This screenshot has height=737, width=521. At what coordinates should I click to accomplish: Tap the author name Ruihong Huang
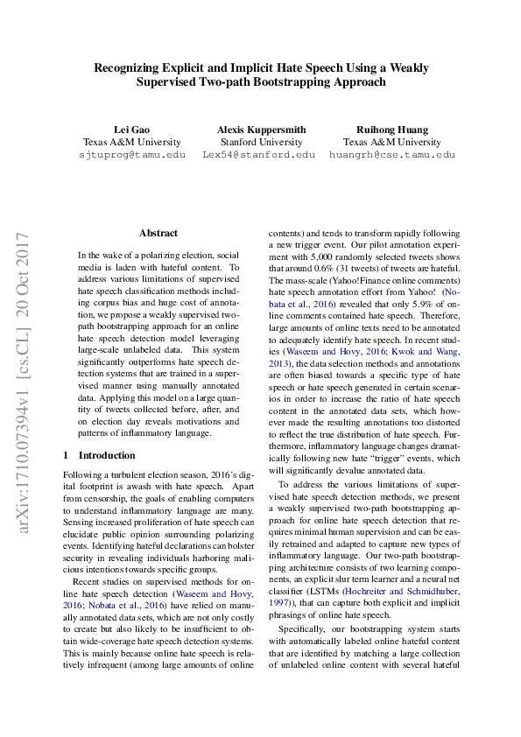[392, 129]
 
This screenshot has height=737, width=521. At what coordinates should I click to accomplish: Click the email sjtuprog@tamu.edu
[132, 154]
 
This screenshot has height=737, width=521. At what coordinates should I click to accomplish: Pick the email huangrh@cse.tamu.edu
[392, 154]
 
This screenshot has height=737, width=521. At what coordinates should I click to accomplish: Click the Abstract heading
[158, 233]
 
